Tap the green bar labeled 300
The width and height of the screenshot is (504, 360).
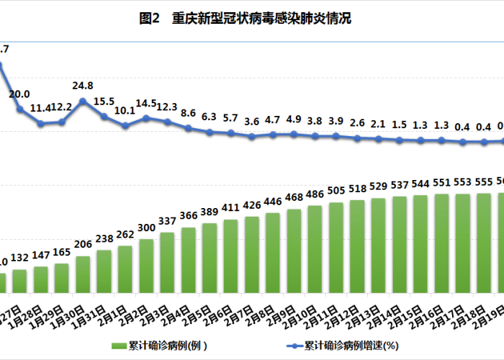(x=146, y=266)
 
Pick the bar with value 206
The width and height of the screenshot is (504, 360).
(x=83, y=274)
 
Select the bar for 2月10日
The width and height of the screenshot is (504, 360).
(x=315, y=239)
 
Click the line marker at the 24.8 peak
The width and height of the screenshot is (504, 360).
(x=83, y=102)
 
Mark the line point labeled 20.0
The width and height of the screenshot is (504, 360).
(x=20, y=109)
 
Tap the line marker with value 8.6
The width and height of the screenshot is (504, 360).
(x=189, y=128)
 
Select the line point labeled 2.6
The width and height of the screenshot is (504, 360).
(x=357, y=138)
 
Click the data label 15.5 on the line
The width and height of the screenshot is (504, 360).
(x=104, y=102)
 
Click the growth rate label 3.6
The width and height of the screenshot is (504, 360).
(x=252, y=122)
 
